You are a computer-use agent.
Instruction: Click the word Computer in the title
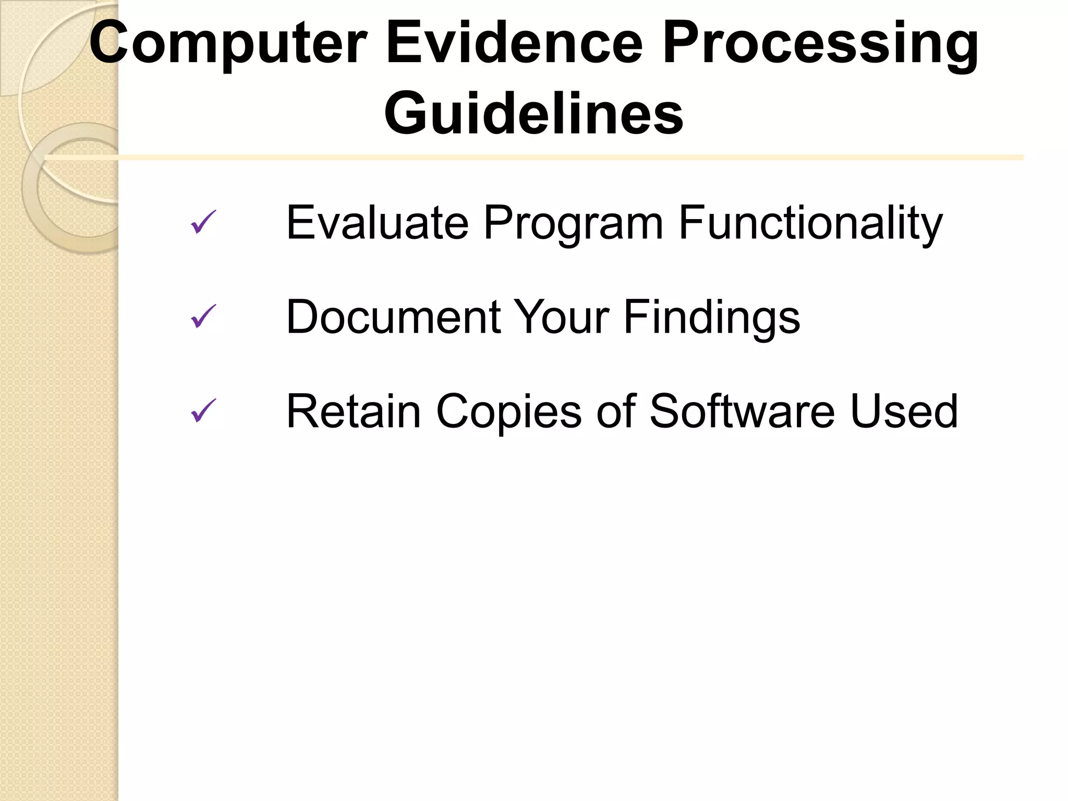pyautogui.click(x=228, y=43)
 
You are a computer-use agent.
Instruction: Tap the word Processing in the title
pyautogui.click(x=820, y=44)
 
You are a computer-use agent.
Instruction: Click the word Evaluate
pyautogui.click(x=377, y=223)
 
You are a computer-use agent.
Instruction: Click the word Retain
pyautogui.click(x=354, y=411)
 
